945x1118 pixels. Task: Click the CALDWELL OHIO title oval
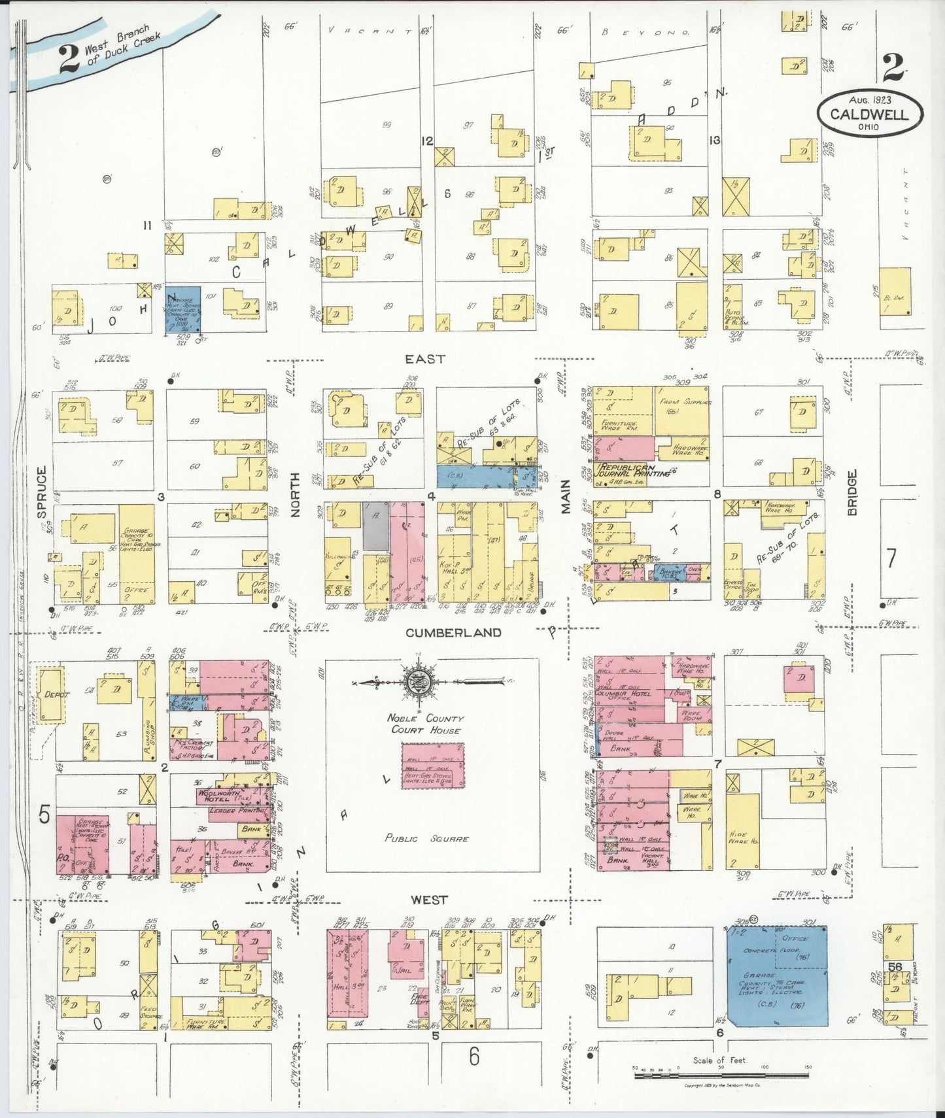tap(869, 114)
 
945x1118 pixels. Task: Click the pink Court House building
tap(433, 765)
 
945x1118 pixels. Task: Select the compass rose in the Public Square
tap(416, 683)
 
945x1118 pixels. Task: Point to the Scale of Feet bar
tap(721, 1074)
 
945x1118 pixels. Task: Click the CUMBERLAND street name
tap(453, 633)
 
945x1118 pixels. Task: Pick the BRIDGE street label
tap(852, 492)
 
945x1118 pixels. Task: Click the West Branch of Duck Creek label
tap(121, 46)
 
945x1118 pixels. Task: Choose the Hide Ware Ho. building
tap(742, 837)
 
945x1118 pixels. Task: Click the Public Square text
tap(426, 838)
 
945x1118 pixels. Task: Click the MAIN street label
tap(566, 496)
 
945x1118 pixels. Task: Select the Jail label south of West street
tap(404, 972)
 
